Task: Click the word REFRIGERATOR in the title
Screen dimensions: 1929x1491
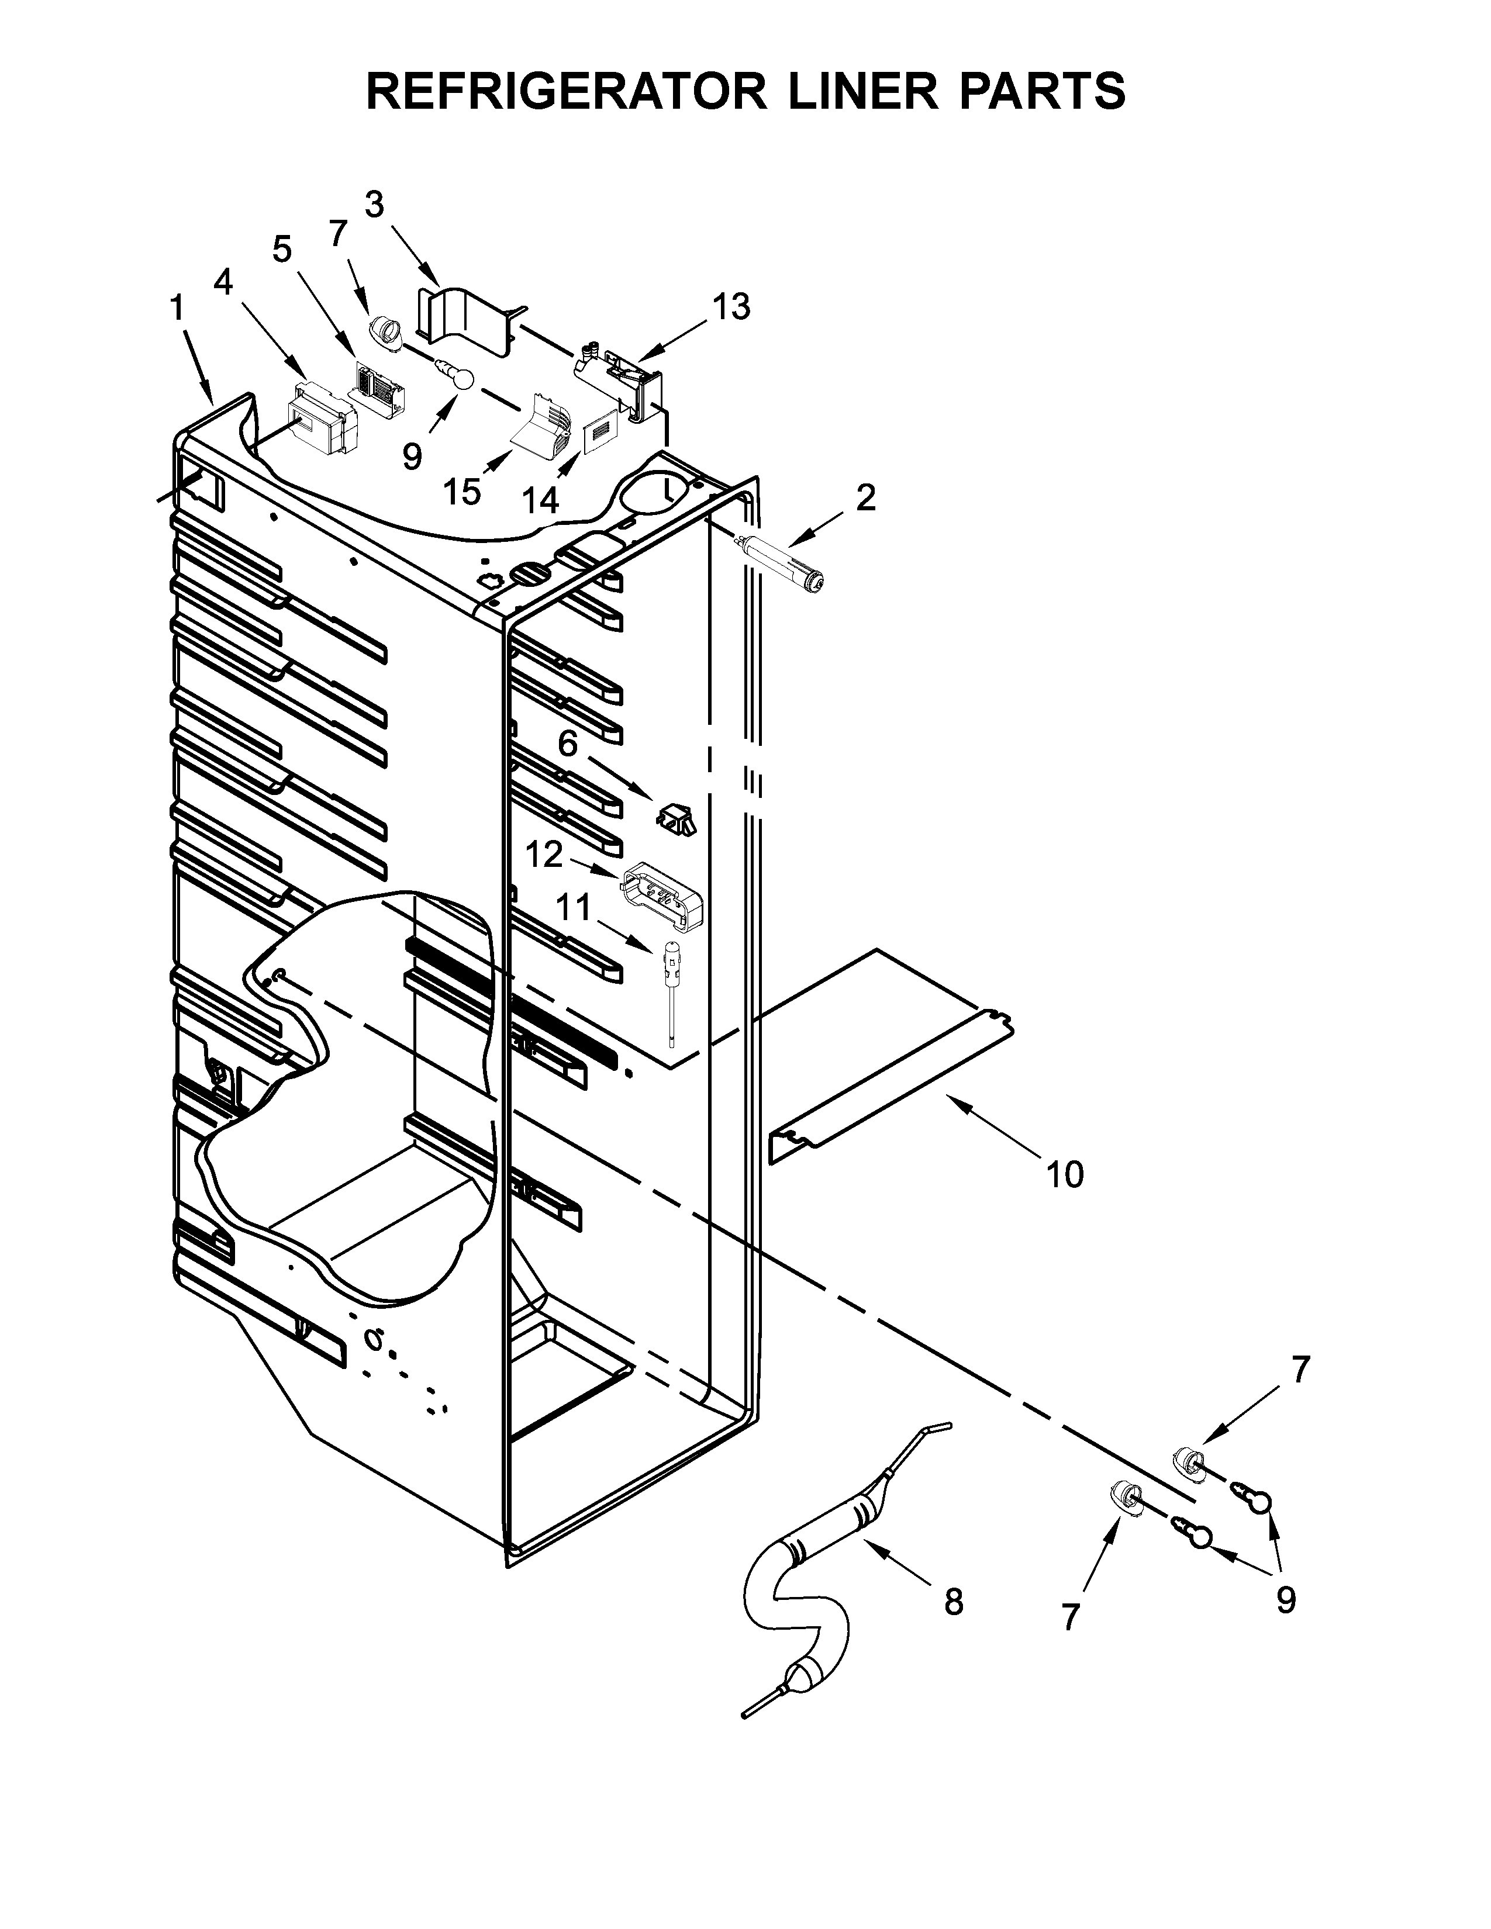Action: pos(566,91)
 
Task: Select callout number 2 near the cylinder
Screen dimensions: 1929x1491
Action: pos(865,497)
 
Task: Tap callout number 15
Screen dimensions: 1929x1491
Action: pos(461,492)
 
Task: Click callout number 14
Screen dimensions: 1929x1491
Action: pos(540,501)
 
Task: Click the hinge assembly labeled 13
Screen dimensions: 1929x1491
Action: pos(623,375)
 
